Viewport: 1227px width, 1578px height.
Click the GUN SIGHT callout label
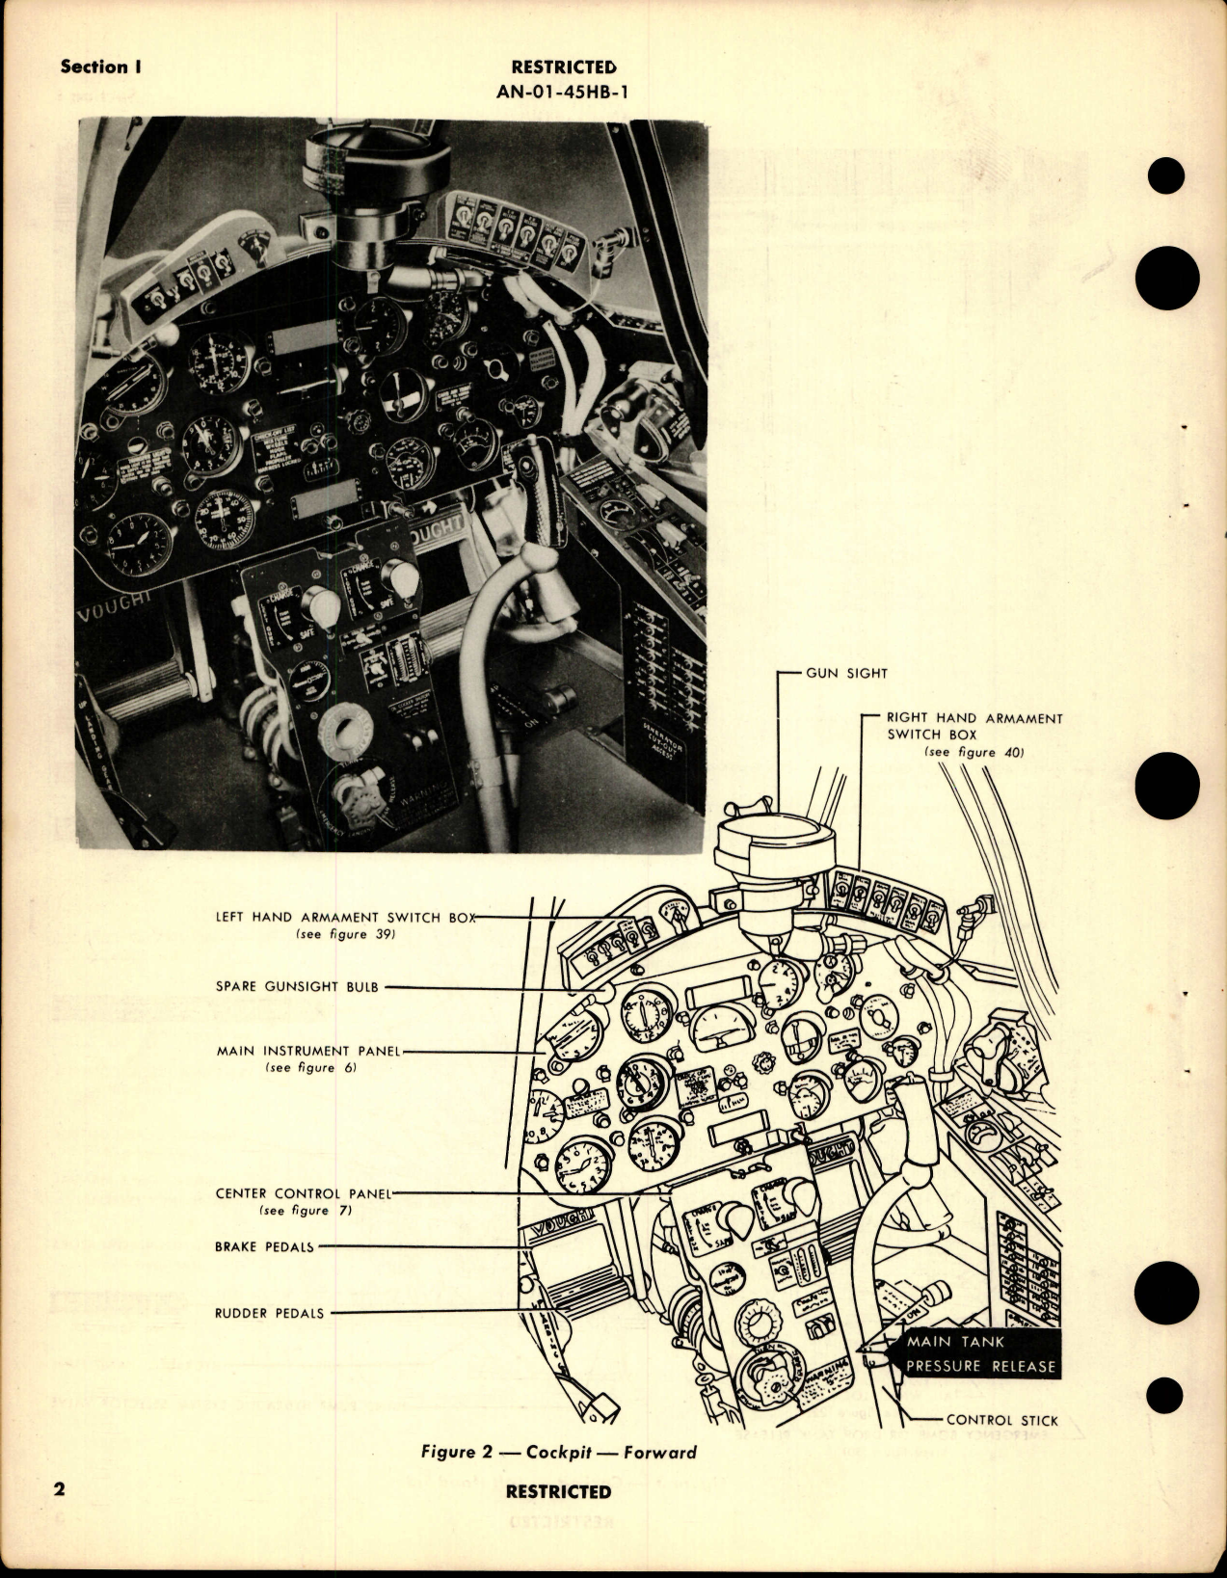845,673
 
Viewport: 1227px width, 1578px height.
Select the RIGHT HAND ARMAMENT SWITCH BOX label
974,726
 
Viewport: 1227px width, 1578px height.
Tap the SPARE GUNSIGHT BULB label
296,987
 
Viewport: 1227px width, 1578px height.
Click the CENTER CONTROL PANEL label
303,1193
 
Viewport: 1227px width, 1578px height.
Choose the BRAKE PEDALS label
264,1246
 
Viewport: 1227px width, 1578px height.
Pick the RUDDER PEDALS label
269,1313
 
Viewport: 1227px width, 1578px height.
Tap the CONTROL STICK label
1001,1420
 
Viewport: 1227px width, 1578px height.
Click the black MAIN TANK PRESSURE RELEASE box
979,1353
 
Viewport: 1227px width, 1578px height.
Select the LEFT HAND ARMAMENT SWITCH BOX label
346,918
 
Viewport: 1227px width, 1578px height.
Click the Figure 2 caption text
558,1453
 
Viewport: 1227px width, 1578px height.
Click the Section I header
93,67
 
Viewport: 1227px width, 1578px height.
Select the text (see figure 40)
973,752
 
